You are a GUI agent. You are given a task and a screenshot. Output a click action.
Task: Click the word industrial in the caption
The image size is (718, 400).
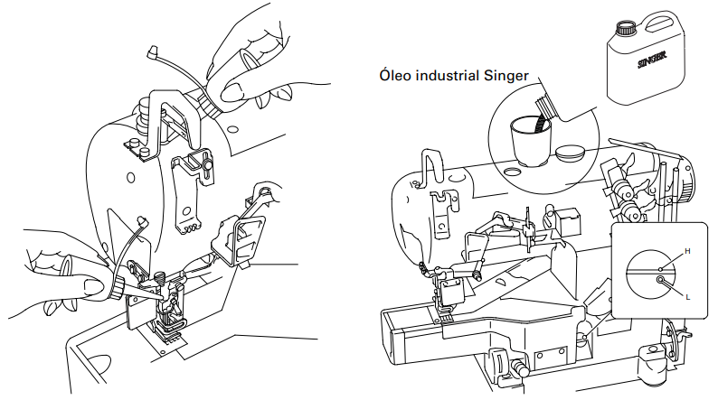pyautogui.click(x=441, y=75)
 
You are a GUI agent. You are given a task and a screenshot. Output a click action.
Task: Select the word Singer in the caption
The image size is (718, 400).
pyautogui.click(x=500, y=76)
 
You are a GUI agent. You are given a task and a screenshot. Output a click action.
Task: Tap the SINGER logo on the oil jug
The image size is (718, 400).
pyautogui.click(x=652, y=60)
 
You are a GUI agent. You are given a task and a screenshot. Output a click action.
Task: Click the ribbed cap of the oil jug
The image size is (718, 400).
pyautogui.click(x=624, y=28)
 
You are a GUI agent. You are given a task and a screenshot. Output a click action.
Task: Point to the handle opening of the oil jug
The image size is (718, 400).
pyautogui.click(x=661, y=23)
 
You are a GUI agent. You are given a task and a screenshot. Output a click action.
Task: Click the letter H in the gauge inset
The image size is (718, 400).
pyautogui.click(x=687, y=251)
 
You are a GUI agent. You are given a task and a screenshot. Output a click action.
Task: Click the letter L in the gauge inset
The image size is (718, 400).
pyautogui.click(x=688, y=297)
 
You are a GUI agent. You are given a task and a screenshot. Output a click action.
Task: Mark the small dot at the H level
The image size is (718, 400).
pyautogui.click(x=660, y=269)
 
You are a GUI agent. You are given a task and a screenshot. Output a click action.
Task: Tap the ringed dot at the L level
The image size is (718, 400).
pyautogui.click(x=660, y=279)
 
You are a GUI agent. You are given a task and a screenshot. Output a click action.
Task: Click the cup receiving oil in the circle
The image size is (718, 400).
pyautogui.click(x=531, y=142)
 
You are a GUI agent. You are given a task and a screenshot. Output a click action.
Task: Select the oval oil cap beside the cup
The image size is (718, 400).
pyautogui.click(x=570, y=153)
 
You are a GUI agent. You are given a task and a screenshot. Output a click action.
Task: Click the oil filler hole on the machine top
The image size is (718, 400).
pyautogui.click(x=512, y=172)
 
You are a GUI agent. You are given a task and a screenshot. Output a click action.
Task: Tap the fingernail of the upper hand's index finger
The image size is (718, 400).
pyautogui.click(x=231, y=93)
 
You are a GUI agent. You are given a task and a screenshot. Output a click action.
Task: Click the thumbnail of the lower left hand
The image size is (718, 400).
pyautogui.click(x=94, y=288)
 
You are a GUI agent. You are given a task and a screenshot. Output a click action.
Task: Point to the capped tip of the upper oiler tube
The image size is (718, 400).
pyautogui.click(x=153, y=51)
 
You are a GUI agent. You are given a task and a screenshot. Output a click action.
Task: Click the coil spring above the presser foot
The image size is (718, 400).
pyautogui.click(x=161, y=276)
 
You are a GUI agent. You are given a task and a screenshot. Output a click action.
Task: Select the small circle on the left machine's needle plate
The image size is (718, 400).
pyautogui.click(x=162, y=352)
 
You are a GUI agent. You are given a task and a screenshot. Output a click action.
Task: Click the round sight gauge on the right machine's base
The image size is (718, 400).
pyautogui.click(x=585, y=338)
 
